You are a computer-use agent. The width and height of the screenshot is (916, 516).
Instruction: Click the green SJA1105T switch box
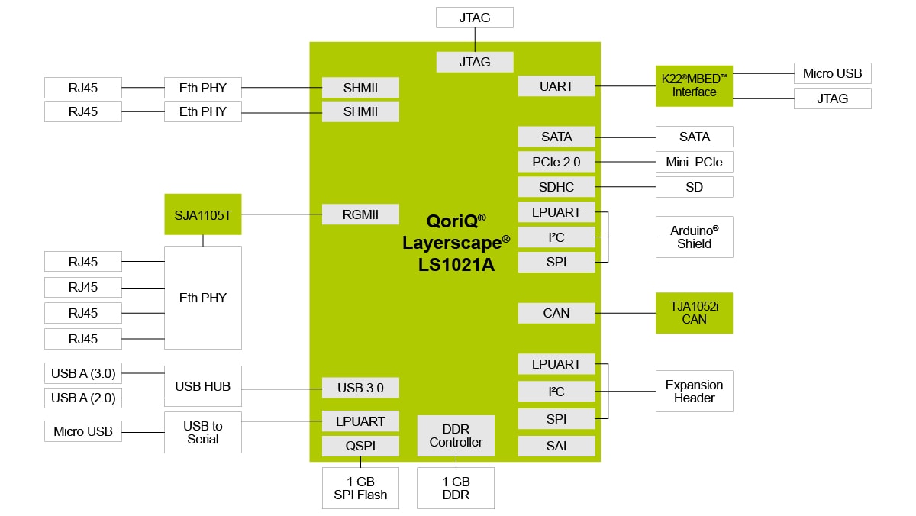pyautogui.click(x=203, y=214)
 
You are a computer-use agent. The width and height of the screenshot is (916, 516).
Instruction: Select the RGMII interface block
pyautogui.click(x=360, y=214)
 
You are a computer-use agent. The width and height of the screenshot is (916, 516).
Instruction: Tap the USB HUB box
pyautogui.click(x=203, y=386)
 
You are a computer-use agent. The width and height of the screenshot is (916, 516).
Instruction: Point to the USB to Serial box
pyautogui.click(x=203, y=432)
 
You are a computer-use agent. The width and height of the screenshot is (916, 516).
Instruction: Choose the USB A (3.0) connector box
pyautogui.click(x=82, y=373)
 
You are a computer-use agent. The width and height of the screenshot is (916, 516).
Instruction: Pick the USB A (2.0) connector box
pyautogui.click(x=82, y=398)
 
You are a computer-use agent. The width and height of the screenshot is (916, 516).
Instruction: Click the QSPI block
pyautogui.click(x=360, y=446)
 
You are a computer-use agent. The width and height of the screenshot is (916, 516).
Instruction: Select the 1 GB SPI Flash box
pyautogui.click(x=360, y=488)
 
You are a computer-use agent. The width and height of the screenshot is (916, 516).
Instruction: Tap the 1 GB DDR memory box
pyautogui.click(x=456, y=488)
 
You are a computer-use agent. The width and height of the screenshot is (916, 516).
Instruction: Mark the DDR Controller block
pyautogui.click(x=456, y=436)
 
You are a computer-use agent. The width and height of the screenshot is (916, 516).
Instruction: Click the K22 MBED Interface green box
pyautogui.click(x=694, y=85)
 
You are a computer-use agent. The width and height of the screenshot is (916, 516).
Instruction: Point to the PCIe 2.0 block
pyautogui.click(x=556, y=162)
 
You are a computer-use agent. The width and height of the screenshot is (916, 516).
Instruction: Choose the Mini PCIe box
pyautogui.click(x=694, y=162)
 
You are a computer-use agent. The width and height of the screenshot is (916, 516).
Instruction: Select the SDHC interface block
pyautogui.click(x=556, y=187)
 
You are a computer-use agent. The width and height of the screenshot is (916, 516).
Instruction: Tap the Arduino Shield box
pyautogui.click(x=694, y=237)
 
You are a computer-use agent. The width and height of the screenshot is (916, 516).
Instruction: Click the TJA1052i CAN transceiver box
pyautogui.click(x=694, y=312)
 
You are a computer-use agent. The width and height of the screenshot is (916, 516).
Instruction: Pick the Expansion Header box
pyautogui.click(x=694, y=391)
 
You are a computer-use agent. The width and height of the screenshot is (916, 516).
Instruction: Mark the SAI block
pyautogui.click(x=556, y=446)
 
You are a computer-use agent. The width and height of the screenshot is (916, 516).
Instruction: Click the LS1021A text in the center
pyautogui.click(x=456, y=265)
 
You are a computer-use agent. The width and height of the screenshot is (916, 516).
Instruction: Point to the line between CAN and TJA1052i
pyautogui.click(x=625, y=313)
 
